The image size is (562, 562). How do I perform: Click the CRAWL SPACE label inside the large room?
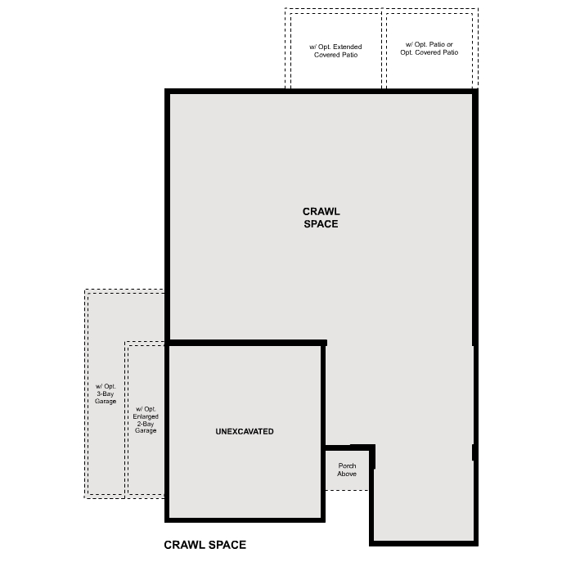tap(321, 218)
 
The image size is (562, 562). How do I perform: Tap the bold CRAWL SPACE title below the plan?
tap(205, 545)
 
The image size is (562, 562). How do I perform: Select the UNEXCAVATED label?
tap(245, 431)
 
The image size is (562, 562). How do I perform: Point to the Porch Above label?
tap(347, 470)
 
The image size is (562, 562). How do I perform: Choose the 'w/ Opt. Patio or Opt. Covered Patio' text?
tap(429, 48)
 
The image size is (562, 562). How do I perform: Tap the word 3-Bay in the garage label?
tap(105, 393)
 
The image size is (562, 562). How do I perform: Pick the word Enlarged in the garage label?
tap(146, 416)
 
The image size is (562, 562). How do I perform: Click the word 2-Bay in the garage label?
tap(146, 424)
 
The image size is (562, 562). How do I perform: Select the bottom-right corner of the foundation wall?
tap(474, 542)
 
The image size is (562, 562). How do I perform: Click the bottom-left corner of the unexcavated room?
tap(168, 519)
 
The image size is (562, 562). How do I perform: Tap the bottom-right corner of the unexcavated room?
tap(323, 519)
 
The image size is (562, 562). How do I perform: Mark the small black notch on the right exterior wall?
tap(474, 452)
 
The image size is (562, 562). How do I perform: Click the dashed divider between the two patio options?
tap(384, 49)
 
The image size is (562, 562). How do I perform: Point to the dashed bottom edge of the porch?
tap(347, 490)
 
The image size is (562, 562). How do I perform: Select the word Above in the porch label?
tap(347, 474)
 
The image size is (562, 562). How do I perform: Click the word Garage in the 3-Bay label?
tap(105, 401)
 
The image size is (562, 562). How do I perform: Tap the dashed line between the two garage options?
tap(126, 417)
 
